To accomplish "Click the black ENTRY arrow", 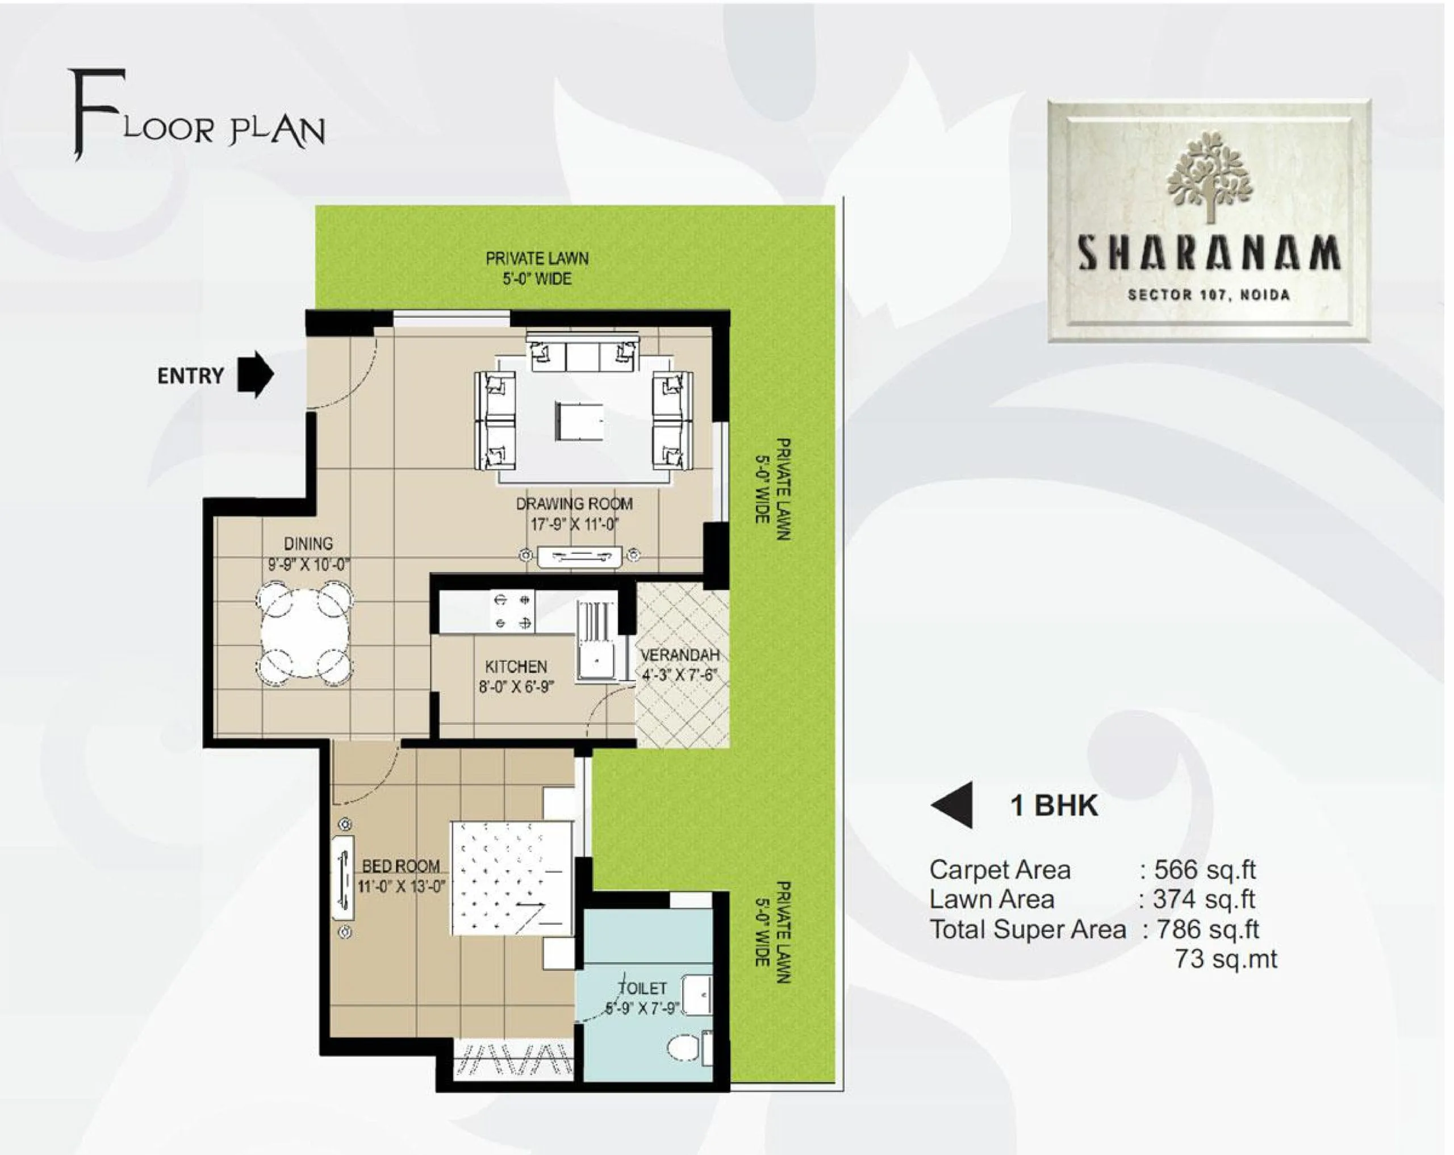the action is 256,374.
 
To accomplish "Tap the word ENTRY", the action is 191,376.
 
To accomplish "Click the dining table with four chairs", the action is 305,634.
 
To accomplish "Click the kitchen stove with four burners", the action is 512,611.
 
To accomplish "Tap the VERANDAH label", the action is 680,655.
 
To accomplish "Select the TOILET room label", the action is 644,989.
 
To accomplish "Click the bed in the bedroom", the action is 512,878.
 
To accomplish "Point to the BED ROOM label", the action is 401,866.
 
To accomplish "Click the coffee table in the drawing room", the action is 579,421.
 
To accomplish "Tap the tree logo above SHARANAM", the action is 1209,177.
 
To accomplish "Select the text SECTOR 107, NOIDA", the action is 1209,295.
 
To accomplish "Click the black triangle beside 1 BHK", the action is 952,805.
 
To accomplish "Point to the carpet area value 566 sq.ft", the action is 1205,870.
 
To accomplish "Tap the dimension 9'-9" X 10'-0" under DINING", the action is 308,564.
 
